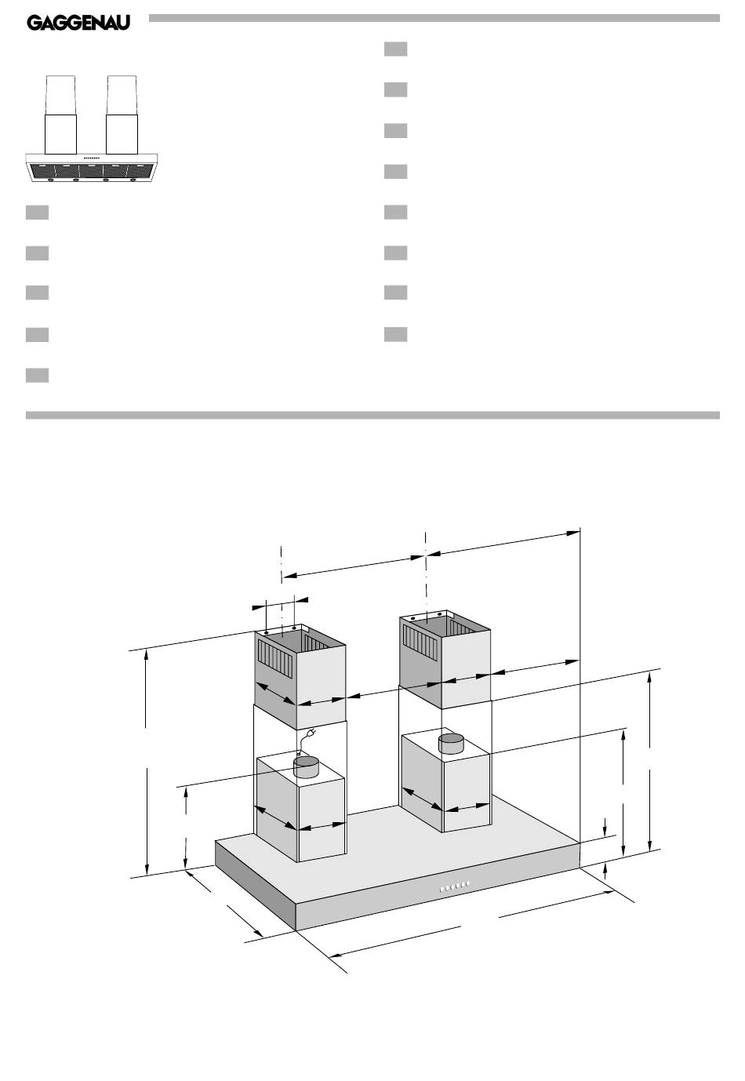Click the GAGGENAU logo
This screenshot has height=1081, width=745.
point(78,23)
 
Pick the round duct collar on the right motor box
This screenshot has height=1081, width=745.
point(451,744)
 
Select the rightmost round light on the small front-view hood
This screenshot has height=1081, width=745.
point(133,180)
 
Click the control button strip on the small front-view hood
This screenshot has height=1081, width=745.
point(92,158)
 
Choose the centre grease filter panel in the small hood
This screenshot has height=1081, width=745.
point(91,171)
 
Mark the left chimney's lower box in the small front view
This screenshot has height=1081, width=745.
point(61,134)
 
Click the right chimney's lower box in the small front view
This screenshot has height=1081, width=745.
point(122,134)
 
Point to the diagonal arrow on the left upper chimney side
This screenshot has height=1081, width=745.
point(275,693)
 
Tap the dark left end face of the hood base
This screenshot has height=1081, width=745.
point(255,885)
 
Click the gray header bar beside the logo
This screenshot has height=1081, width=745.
point(434,18)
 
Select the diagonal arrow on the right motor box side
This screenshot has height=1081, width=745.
point(422,799)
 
